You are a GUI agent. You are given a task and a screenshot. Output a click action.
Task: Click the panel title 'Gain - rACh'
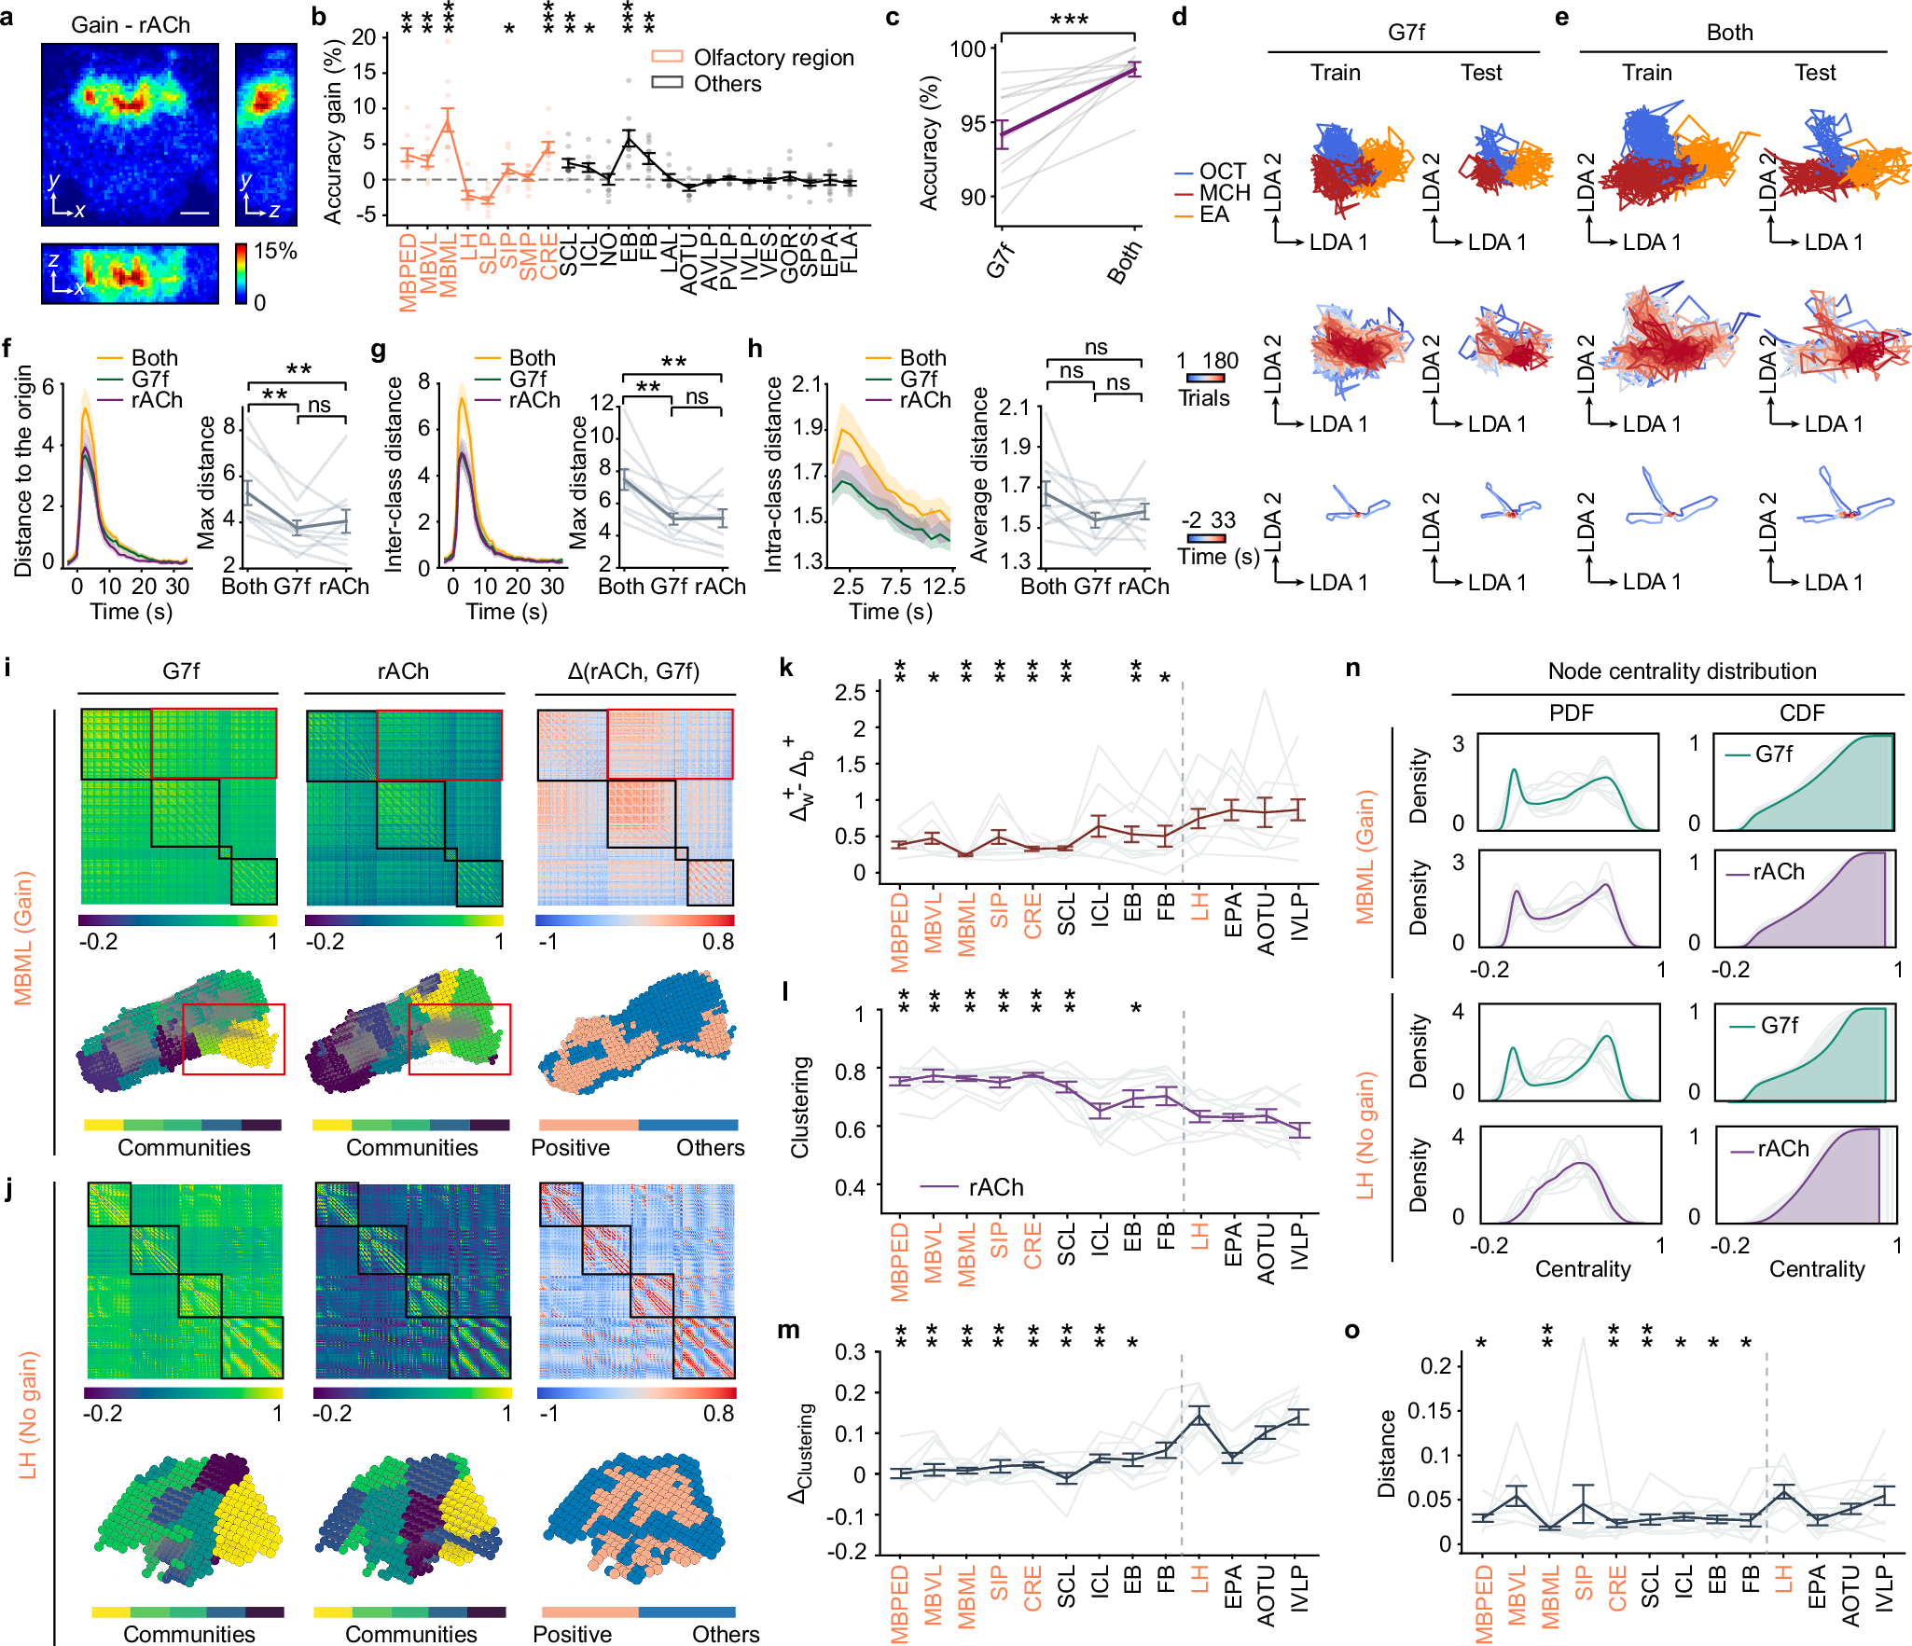pos(131,24)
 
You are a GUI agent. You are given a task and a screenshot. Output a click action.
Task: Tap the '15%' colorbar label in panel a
pos(275,251)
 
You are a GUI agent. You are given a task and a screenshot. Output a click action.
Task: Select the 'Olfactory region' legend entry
pos(773,58)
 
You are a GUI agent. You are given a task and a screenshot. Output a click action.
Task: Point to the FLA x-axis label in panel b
pos(849,253)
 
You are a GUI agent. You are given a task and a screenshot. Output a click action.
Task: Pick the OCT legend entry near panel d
pos(1222,172)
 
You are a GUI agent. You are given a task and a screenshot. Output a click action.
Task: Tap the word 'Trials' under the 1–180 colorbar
pos(1203,398)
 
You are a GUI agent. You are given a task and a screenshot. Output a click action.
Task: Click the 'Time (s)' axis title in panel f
pos(131,612)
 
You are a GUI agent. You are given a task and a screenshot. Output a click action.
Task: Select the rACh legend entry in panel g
pos(534,400)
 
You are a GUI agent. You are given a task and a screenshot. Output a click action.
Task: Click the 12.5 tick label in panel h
pos(944,587)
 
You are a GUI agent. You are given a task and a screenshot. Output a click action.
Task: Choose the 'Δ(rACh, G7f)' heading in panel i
pos(633,671)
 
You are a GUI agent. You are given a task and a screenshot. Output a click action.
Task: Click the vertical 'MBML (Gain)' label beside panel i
pos(23,937)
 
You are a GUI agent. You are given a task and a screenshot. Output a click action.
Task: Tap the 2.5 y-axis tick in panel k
pos(850,693)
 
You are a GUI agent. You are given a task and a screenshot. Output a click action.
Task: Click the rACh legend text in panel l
pos(996,1187)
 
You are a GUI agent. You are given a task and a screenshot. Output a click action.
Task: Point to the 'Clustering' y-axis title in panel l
pos(800,1107)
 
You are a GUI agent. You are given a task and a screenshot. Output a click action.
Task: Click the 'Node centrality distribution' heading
pos(1682,671)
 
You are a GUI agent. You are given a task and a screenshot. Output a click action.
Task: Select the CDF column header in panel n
pos(1801,713)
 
